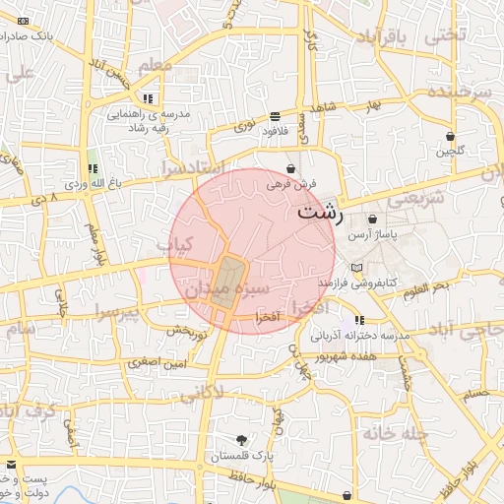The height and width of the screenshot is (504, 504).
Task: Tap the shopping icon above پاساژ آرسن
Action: click(x=372, y=220)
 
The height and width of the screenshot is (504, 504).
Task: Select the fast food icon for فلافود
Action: click(x=273, y=116)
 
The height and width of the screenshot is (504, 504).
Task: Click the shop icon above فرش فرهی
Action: click(x=290, y=168)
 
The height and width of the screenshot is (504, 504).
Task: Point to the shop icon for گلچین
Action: click(x=450, y=136)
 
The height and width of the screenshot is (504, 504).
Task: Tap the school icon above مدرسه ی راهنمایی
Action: click(x=148, y=98)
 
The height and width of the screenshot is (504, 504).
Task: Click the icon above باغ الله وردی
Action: click(x=93, y=168)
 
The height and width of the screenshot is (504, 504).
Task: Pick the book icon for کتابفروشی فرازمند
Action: click(x=356, y=267)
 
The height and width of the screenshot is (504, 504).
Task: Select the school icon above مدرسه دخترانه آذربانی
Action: click(x=359, y=320)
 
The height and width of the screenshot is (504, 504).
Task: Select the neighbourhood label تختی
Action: click(x=444, y=34)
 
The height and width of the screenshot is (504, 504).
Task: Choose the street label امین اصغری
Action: click(x=156, y=362)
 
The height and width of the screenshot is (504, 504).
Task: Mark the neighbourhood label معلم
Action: click(x=156, y=65)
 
